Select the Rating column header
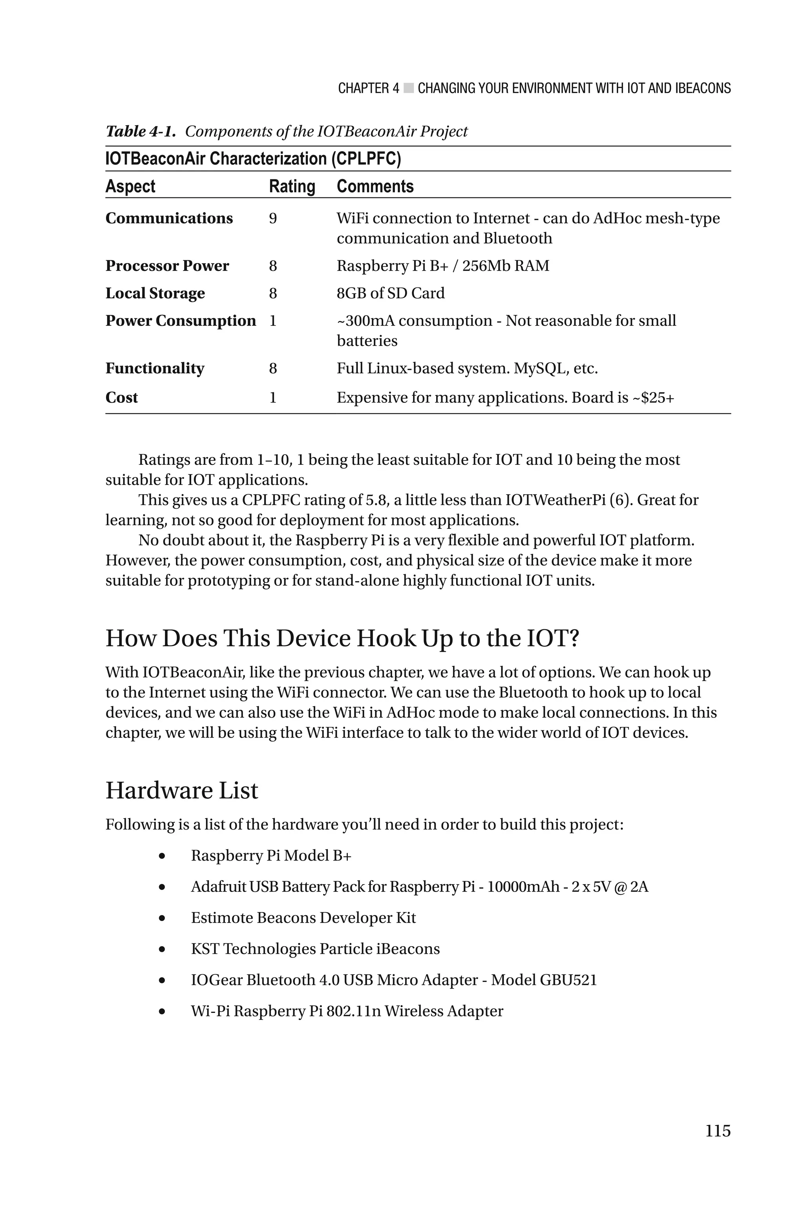(x=292, y=186)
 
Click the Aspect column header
(x=130, y=186)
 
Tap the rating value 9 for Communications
(x=273, y=218)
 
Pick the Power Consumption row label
(x=181, y=320)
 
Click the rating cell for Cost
(x=273, y=397)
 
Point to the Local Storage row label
(x=155, y=293)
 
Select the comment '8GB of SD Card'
(x=390, y=293)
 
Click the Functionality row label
(x=155, y=368)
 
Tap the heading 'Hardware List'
(x=181, y=790)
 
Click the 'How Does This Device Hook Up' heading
(x=342, y=638)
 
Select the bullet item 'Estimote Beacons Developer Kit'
(x=303, y=917)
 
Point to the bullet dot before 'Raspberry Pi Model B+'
(x=162, y=855)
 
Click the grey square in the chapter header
(x=408, y=88)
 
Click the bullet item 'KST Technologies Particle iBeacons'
(x=315, y=949)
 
